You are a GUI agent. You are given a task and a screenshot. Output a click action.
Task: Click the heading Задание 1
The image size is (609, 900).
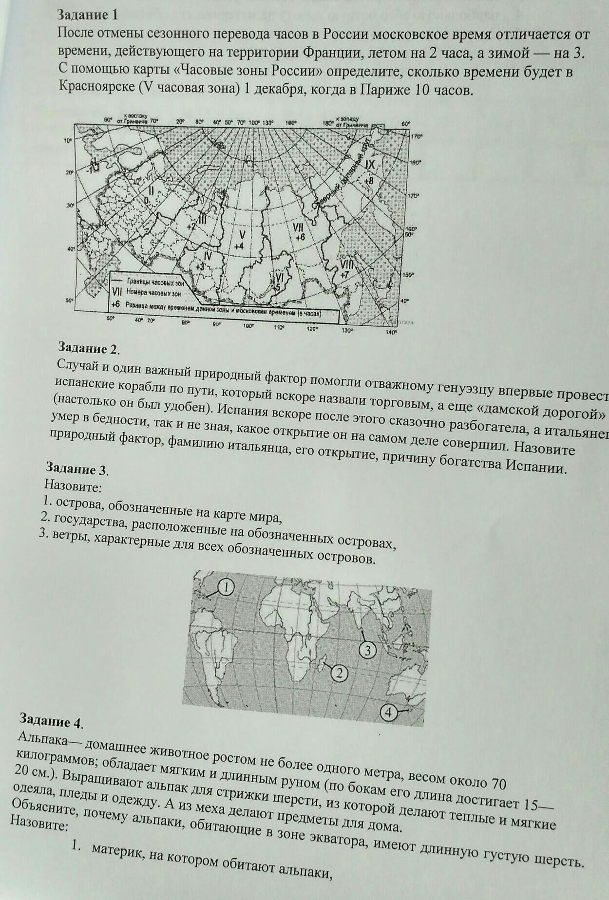point(88,15)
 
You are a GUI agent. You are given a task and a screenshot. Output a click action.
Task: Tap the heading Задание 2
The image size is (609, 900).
point(88,348)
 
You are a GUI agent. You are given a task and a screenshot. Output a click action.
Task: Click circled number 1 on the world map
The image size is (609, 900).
point(227,587)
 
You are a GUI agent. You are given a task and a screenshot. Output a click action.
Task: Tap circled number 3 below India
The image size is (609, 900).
point(368,650)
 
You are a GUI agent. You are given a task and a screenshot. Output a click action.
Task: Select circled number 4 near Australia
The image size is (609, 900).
point(388,712)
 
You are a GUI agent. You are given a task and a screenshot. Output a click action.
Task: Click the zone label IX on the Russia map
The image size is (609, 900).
point(370,165)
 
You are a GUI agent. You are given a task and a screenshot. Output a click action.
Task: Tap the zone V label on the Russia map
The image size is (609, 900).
point(242,235)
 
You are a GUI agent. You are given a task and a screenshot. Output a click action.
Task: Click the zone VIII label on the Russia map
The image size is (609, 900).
point(347,264)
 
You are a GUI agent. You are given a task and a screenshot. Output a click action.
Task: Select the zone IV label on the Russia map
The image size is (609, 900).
point(208,255)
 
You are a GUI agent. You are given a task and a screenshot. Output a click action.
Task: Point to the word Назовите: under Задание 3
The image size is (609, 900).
point(73,486)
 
